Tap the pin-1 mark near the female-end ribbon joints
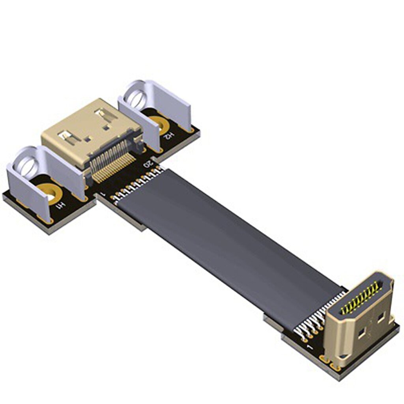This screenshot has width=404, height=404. click(x=102, y=195)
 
